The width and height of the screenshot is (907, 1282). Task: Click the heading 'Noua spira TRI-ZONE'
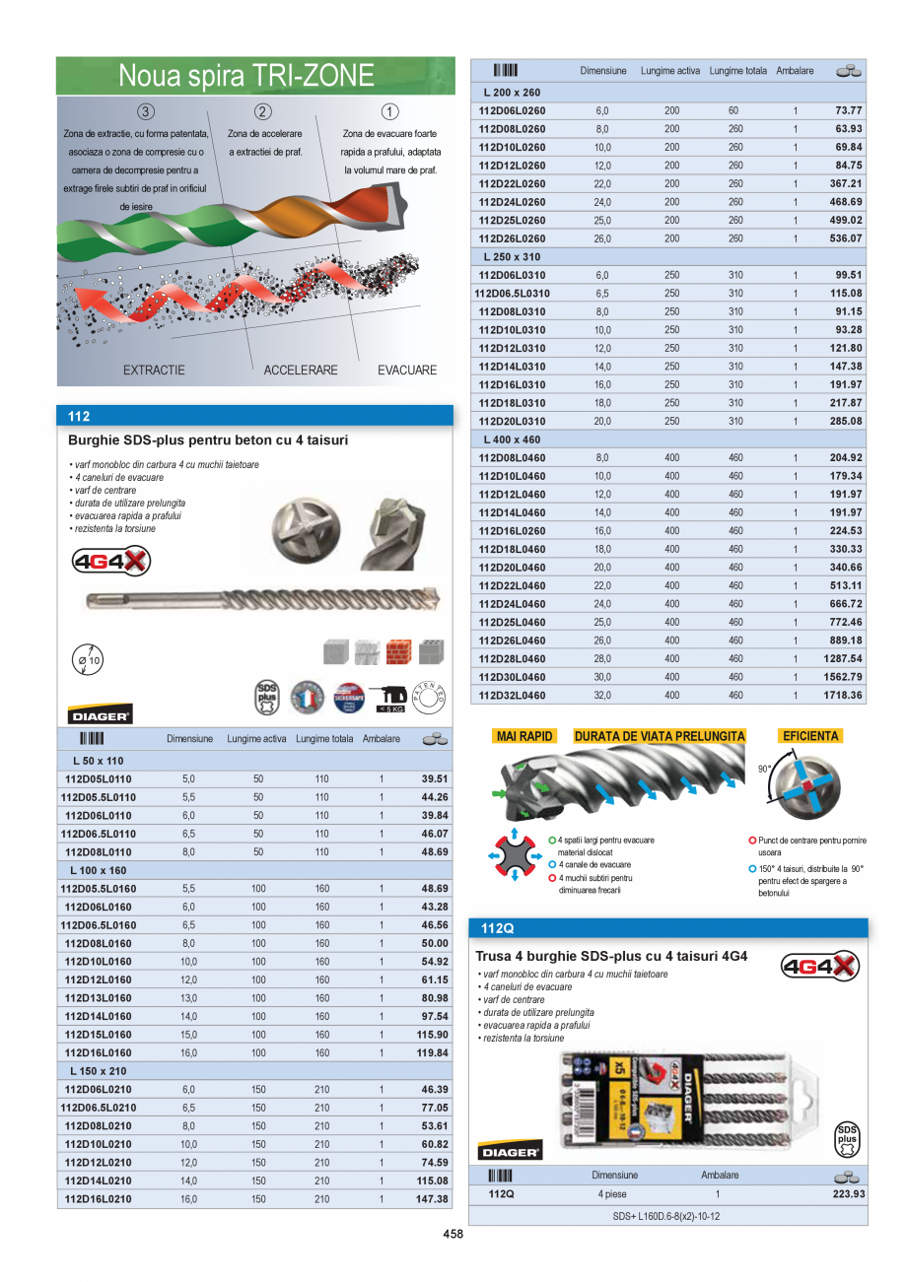coord(246,76)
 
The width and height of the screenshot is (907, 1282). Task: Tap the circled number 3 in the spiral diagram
coord(146,111)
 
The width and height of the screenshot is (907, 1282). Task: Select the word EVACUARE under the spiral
coord(407,371)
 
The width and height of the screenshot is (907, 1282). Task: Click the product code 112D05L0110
coord(99,778)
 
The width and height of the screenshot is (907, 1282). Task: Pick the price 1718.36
coord(842,695)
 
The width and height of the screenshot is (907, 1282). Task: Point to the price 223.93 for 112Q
coord(842,1194)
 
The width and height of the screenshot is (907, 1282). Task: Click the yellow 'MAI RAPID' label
coord(525,736)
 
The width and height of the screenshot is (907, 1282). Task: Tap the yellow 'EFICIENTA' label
coord(809,736)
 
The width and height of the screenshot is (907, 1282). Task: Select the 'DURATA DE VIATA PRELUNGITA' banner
coord(660,736)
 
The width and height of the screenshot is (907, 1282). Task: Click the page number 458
coord(453,1235)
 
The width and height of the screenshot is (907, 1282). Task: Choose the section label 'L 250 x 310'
coord(514,256)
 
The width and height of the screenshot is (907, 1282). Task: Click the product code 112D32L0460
coord(512,695)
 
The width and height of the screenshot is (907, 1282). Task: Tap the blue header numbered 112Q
coord(498,928)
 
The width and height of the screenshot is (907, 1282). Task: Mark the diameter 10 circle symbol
coord(88,660)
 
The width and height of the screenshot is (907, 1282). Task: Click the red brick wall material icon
coord(398,651)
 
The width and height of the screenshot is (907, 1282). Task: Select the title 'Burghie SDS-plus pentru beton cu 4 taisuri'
coord(208,440)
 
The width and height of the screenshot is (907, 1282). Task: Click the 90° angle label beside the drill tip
coord(764,769)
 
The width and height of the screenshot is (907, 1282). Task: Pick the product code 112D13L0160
coord(99,997)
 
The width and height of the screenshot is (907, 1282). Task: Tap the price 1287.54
coord(842,658)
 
